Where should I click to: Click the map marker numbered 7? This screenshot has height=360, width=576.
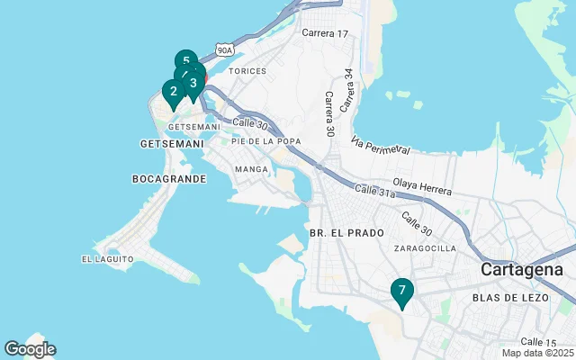pyautogui.click(x=402, y=291)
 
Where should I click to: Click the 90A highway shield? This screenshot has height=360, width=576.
pyautogui.click(x=224, y=50)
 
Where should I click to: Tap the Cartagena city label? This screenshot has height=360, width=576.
pyautogui.click(x=522, y=270)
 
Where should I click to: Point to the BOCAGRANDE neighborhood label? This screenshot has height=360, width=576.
pyautogui.click(x=169, y=179)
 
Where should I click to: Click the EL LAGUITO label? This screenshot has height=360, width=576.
pyautogui.click(x=107, y=259)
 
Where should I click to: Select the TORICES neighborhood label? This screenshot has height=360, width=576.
pyautogui.click(x=247, y=70)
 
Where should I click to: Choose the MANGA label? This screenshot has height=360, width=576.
pyautogui.click(x=251, y=169)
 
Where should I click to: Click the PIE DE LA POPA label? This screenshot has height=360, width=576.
pyautogui.click(x=265, y=141)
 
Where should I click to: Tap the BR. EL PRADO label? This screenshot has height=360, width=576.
pyautogui.click(x=340, y=232)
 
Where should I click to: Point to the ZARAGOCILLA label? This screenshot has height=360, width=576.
pyautogui.click(x=425, y=248)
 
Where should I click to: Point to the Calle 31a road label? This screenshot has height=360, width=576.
pyautogui.click(x=375, y=191)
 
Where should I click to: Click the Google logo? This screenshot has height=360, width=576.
pyautogui.click(x=30, y=349)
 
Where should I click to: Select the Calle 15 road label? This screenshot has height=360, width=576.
pyautogui.click(x=538, y=341)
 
